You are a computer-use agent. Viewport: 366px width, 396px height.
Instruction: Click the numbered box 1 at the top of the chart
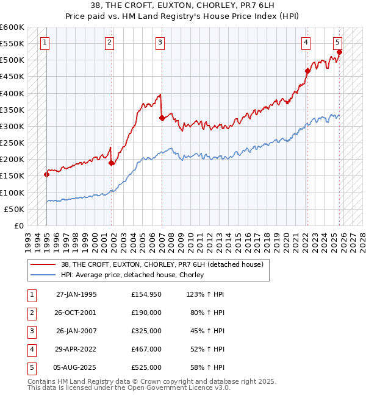46,43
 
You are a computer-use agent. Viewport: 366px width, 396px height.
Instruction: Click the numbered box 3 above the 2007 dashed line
160,43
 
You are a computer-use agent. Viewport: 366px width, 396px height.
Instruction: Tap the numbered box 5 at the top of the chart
337,43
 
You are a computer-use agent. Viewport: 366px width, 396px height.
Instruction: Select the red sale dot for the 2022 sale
308,71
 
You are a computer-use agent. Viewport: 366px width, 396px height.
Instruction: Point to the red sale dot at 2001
112,163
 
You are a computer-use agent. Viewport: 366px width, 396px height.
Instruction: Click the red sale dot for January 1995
47,174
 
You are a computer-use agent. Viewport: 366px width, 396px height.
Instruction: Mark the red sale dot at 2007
162,118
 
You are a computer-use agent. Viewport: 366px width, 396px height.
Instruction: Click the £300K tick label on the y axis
12,126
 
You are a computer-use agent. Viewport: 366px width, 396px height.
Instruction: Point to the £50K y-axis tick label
15,209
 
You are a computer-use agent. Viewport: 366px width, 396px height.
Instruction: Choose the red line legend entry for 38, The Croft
162,264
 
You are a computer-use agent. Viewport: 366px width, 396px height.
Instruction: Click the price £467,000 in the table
146,349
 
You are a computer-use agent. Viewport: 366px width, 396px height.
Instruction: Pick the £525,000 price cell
146,367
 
